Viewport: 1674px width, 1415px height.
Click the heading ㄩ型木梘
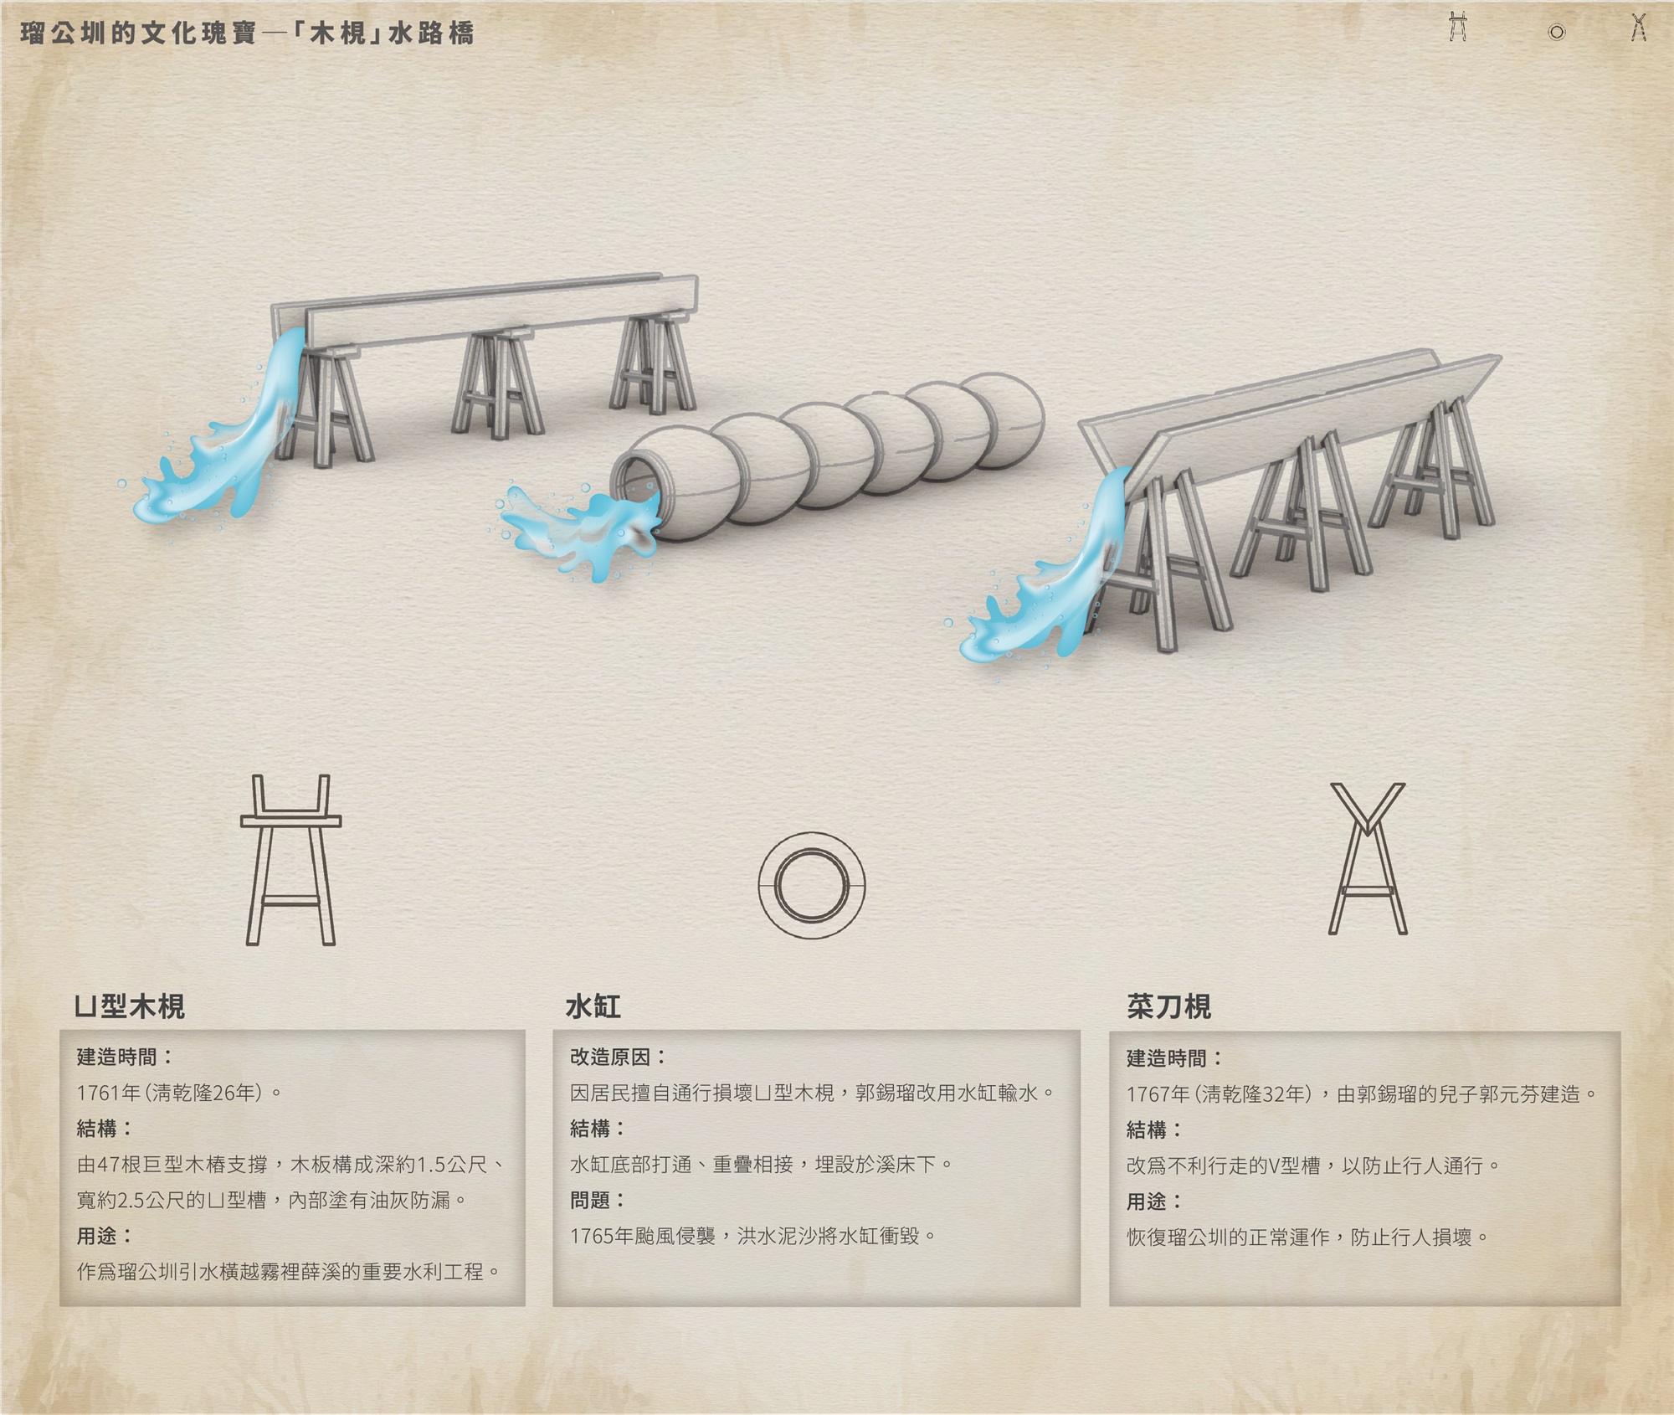[x=130, y=1006]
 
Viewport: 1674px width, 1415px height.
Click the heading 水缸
[x=593, y=1006]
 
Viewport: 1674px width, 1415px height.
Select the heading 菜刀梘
[x=1168, y=1006]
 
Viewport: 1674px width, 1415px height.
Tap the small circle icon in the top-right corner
[x=1556, y=33]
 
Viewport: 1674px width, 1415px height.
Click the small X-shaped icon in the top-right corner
[x=1638, y=28]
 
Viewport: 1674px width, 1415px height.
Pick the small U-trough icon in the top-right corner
[x=1458, y=27]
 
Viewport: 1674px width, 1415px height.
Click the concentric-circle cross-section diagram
[x=811, y=885]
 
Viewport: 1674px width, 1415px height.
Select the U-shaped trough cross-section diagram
[x=290, y=860]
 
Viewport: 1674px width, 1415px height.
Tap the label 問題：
[x=597, y=1200]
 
